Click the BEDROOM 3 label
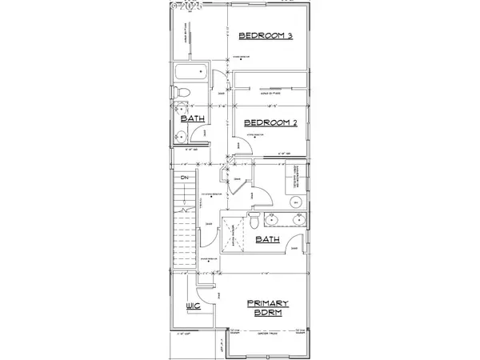[x=265, y=35]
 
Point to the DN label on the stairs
[x=183, y=177]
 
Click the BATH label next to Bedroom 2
[x=192, y=118]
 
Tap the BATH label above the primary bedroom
[x=267, y=238]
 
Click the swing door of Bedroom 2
[x=238, y=145]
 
